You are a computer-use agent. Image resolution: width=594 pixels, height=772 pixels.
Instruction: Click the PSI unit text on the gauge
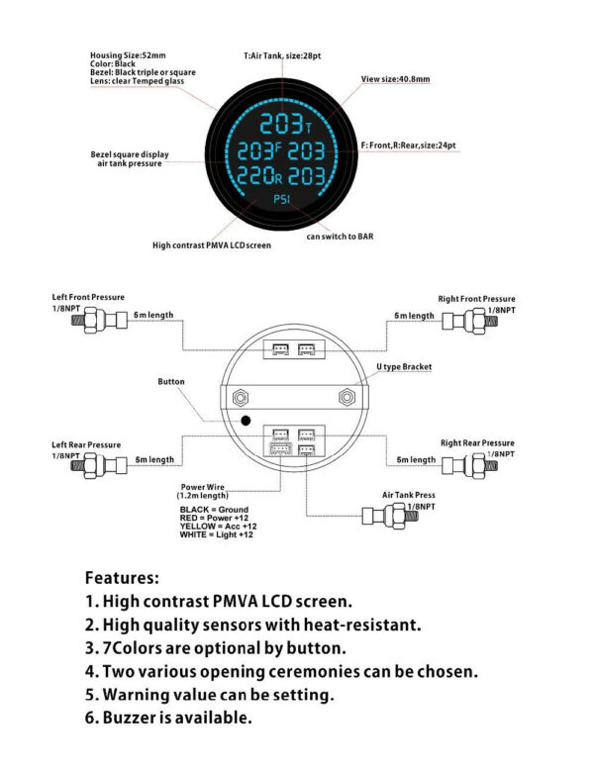[282, 199]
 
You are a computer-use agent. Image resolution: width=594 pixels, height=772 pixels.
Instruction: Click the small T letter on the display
[309, 129]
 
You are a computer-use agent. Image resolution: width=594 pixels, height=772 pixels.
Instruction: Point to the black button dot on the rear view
[246, 421]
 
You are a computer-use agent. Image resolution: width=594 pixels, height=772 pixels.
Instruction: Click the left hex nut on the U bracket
[241, 397]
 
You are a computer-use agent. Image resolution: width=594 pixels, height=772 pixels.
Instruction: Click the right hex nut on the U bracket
[346, 397]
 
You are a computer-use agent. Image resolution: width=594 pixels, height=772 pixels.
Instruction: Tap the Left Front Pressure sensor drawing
[99, 321]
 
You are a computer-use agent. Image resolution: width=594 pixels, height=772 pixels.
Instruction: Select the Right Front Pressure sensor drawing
[469, 321]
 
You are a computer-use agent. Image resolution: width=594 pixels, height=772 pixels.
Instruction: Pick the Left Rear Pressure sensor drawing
[99, 466]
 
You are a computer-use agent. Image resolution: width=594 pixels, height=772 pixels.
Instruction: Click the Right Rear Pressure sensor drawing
[469, 465]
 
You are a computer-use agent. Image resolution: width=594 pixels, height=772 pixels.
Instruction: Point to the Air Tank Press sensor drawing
[390, 516]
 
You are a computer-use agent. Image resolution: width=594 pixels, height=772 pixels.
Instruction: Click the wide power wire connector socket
[281, 449]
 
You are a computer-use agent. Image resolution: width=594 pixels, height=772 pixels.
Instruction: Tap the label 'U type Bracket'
[404, 367]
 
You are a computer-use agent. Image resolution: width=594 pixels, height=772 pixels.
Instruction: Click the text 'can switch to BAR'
[340, 237]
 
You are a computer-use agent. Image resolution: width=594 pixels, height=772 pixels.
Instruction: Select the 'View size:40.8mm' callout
[396, 79]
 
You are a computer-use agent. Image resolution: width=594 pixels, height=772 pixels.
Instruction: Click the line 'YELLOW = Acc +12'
[218, 527]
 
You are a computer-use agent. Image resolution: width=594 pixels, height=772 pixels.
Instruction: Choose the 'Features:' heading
[122, 578]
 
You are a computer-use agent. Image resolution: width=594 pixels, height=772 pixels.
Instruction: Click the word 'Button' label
[171, 382]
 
